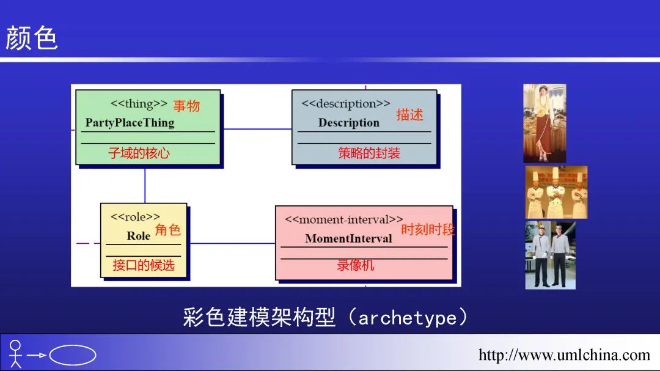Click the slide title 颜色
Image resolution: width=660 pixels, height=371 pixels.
pyautogui.click(x=32, y=39)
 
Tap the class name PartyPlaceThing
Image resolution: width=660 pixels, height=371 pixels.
pyautogui.click(x=130, y=122)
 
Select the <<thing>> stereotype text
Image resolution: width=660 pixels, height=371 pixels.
pyautogui.click(x=139, y=103)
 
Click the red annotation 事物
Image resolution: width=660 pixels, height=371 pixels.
pyautogui.click(x=186, y=106)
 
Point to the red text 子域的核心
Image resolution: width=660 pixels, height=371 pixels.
pyautogui.click(x=139, y=153)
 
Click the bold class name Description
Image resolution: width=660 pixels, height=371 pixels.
pyautogui.click(x=348, y=122)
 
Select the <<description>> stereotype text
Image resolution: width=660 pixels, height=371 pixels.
pyautogui.click(x=345, y=103)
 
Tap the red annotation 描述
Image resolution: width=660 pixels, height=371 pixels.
pyautogui.click(x=409, y=114)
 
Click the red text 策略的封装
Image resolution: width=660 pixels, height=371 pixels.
pyautogui.click(x=369, y=153)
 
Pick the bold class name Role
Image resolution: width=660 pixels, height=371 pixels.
pyautogui.click(x=138, y=235)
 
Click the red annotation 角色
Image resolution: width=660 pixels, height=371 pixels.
pyautogui.click(x=167, y=230)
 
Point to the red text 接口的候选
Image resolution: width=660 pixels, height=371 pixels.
pyautogui.click(x=144, y=265)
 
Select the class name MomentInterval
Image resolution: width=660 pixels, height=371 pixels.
pyautogui.click(x=348, y=238)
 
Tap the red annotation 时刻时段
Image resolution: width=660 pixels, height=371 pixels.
pyautogui.click(x=428, y=230)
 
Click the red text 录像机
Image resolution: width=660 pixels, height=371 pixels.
pyautogui.click(x=356, y=265)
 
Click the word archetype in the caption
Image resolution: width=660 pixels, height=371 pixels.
pyautogui.click(x=407, y=318)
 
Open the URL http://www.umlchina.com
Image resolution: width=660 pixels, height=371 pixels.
pyautogui.click(x=564, y=354)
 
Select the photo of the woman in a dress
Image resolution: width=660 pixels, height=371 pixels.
pyautogui.click(x=544, y=123)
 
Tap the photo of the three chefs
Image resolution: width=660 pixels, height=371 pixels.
pyautogui.click(x=556, y=192)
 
